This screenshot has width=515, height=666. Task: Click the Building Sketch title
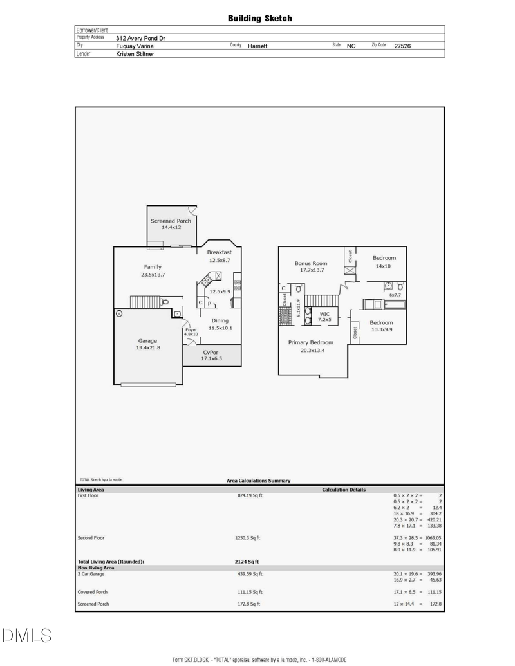point(259,18)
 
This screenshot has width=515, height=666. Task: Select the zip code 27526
point(402,46)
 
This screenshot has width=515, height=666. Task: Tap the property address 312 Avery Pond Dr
point(140,38)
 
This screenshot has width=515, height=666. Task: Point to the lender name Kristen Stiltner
point(135,54)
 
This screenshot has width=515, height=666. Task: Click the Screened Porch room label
point(171,221)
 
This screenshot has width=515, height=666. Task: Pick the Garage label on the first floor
point(147,340)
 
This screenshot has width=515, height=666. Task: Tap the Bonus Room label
point(311,263)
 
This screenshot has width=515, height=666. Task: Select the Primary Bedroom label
point(311,342)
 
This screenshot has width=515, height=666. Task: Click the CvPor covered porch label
point(211,352)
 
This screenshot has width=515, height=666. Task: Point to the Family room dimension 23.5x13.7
point(153,275)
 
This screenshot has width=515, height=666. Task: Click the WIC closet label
point(324,314)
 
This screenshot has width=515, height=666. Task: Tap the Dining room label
point(220,320)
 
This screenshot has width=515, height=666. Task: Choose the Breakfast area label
point(220,252)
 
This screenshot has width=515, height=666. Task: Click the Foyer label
point(191,329)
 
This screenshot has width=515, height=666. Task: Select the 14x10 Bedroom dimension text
point(383,266)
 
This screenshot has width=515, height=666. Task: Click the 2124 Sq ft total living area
point(247,562)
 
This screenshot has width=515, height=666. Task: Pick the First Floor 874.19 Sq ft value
point(250,495)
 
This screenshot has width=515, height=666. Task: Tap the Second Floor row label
point(91,538)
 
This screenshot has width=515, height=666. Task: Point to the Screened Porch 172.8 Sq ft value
point(248,604)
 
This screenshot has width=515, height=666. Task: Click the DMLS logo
point(27,635)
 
